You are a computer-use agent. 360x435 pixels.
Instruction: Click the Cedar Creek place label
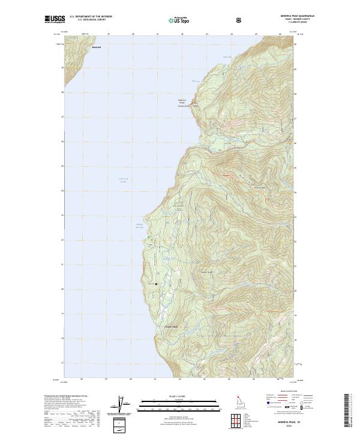(172, 326)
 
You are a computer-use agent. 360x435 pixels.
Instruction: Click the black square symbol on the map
(157, 284)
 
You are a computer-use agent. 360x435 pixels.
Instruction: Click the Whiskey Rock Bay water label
(137, 226)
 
